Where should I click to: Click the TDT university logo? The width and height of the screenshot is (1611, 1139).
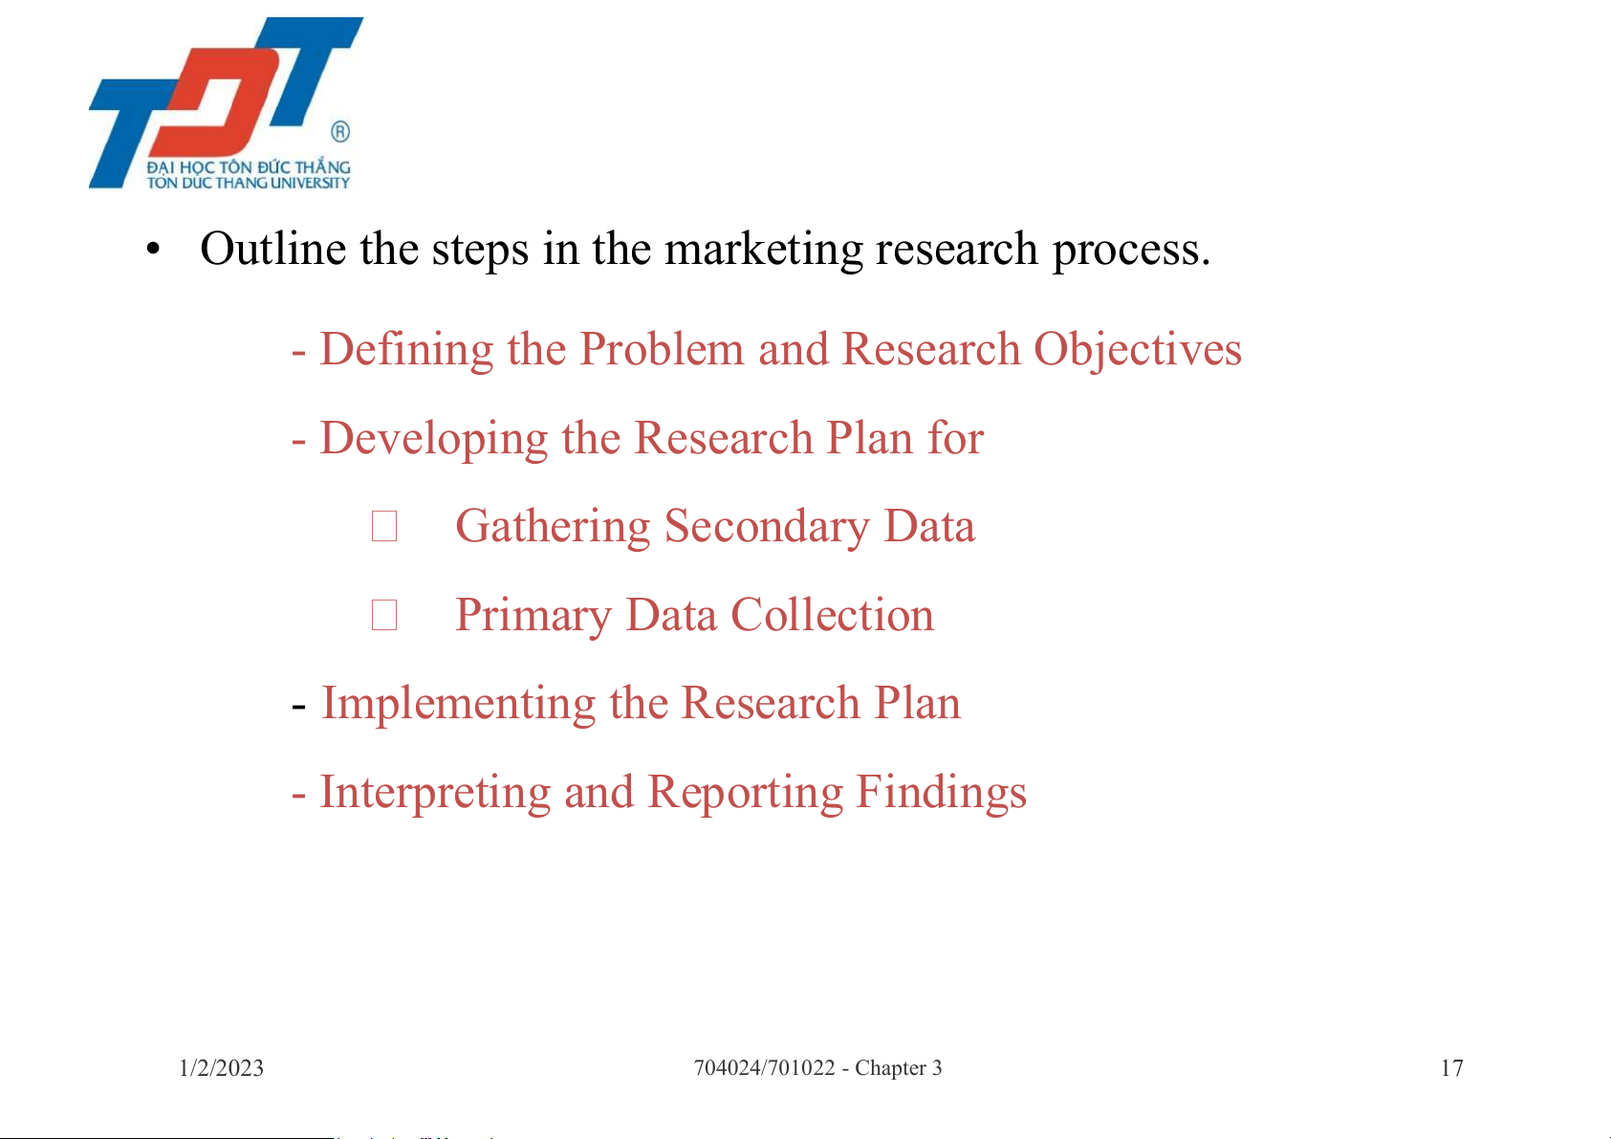coord(226,103)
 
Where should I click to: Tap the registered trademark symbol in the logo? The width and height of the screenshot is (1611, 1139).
coord(340,132)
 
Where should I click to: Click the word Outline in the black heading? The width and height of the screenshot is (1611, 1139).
coord(273,249)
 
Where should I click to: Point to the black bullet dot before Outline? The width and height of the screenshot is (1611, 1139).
coord(152,250)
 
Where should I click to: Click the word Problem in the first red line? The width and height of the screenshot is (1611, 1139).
coord(662,350)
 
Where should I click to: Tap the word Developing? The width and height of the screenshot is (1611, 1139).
coord(434,439)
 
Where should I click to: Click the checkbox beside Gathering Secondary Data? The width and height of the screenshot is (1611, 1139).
coord(384,526)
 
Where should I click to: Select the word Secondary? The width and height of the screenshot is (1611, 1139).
coord(767,527)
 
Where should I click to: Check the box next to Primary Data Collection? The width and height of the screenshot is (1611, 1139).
coord(384,615)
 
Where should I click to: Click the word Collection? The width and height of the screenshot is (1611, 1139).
coord(832,615)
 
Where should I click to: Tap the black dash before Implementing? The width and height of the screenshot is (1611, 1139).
coord(298,708)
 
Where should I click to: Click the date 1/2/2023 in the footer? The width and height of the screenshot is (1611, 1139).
coord(222,1068)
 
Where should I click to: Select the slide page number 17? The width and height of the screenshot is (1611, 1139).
coord(1452,1068)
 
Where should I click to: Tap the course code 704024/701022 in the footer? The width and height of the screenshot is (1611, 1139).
coord(764,1068)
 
